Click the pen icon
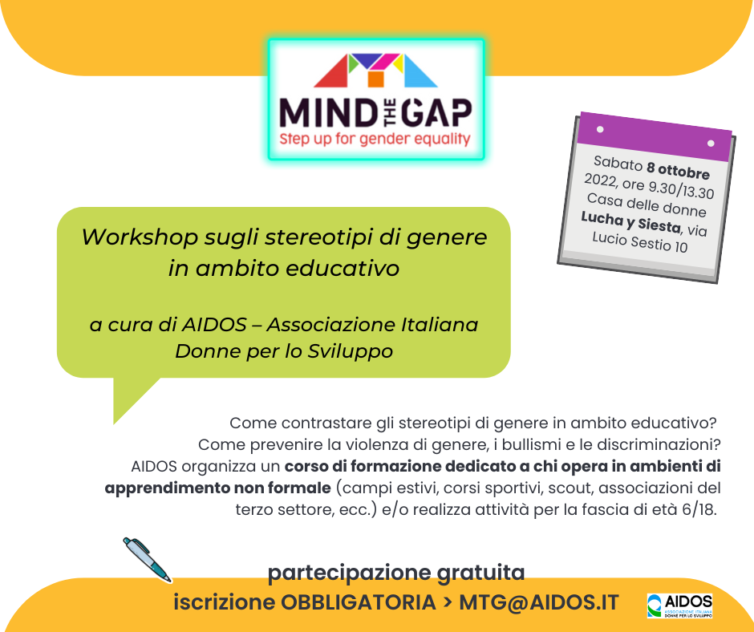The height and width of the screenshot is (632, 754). pyautogui.click(x=147, y=560)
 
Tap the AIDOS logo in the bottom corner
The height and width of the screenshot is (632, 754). pyautogui.click(x=679, y=606)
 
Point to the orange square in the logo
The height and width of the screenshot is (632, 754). pyautogui.click(x=375, y=79)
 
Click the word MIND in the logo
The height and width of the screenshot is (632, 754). pyautogui.click(x=328, y=114)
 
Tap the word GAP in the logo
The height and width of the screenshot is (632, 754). pyautogui.click(x=436, y=114)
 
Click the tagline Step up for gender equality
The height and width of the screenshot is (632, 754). pyautogui.click(x=375, y=139)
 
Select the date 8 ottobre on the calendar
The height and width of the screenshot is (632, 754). pyautogui.click(x=678, y=170)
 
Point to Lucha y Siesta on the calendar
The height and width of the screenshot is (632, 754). pyautogui.click(x=631, y=221)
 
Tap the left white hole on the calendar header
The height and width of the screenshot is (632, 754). pyautogui.click(x=600, y=129)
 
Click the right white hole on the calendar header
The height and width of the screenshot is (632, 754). pyautogui.click(x=711, y=144)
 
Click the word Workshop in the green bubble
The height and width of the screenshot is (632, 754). pyautogui.click(x=140, y=238)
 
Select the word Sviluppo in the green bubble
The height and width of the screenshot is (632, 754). pyautogui.click(x=350, y=351)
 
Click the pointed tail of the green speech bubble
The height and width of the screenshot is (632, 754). pyautogui.click(x=114, y=423)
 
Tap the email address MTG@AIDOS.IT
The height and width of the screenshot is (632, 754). pyautogui.click(x=538, y=602)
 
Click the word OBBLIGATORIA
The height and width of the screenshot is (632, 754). pyautogui.click(x=359, y=602)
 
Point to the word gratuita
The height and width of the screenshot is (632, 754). pyautogui.click(x=480, y=573)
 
